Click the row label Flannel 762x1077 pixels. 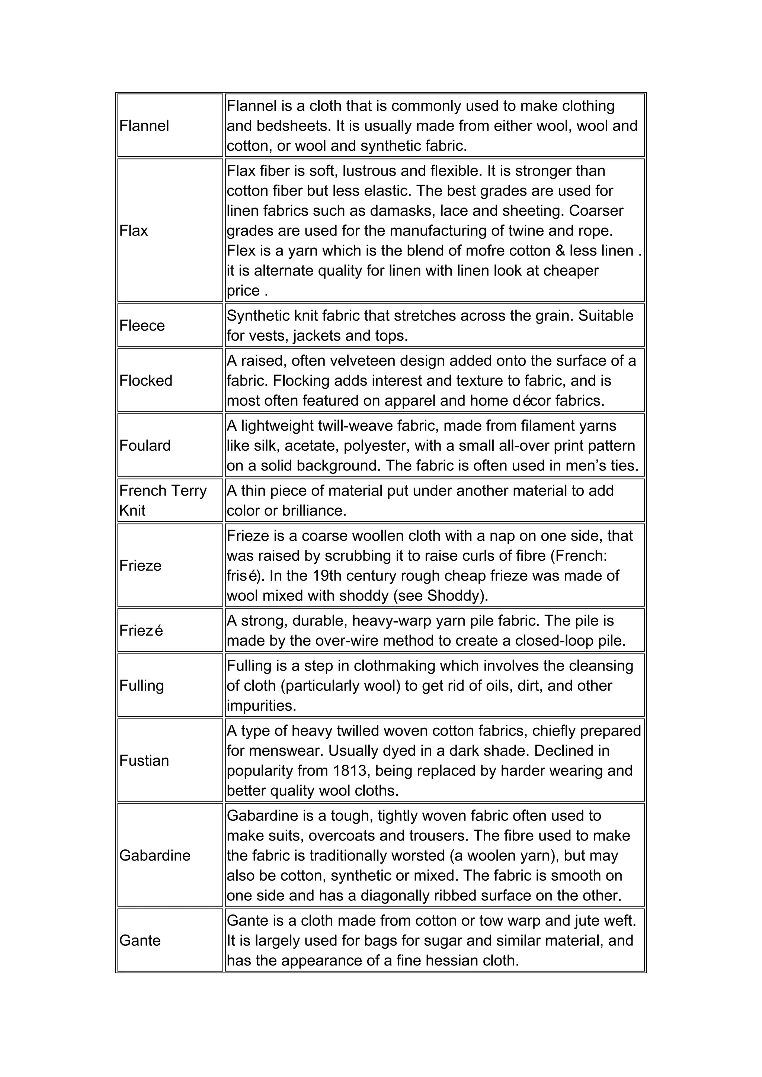pyautogui.click(x=144, y=126)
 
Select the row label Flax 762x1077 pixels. pyautogui.click(x=134, y=231)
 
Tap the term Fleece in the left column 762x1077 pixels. pyautogui.click(x=142, y=325)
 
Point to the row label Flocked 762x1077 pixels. pyautogui.click(x=146, y=380)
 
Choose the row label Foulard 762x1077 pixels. pyautogui.click(x=145, y=446)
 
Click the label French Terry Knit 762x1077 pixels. pyautogui.click(x=163, y=501)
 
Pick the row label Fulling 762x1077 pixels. pyautogui.click(x=142, y=686)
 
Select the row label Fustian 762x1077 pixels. pyautogui.click(x=144, y=761)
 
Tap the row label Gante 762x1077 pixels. pyautogui.click(x=140, y=941)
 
